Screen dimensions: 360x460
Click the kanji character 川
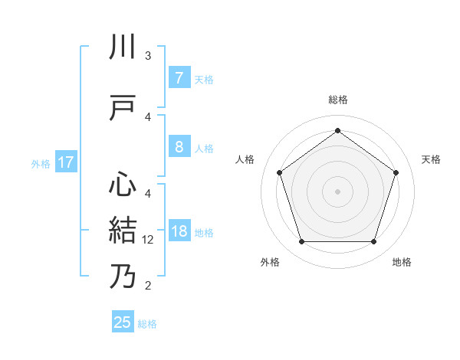(123, 47)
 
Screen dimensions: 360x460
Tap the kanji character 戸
(123, 108)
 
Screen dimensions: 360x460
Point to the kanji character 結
(123, 230)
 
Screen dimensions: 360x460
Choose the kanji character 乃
(123, 277)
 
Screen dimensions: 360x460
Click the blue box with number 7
(179, 77)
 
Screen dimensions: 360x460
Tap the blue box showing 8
(179, 147)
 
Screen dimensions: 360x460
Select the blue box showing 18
(179, 231)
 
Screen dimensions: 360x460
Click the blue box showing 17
(66, 162)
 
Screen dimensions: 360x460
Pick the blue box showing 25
(123, 322)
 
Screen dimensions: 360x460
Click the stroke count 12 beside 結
(148, 239)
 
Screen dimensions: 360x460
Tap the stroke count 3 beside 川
(148, 56)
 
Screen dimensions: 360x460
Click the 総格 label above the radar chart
(337, 100)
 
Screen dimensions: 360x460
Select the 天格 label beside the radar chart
(432, 159)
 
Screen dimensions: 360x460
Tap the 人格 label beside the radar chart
(245, 159)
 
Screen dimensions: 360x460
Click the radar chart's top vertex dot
(337, 130)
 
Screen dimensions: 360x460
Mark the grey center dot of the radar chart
(337, 191)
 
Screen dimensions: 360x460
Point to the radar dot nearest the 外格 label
(301, 242)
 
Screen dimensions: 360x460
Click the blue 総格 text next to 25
(147, 324)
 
